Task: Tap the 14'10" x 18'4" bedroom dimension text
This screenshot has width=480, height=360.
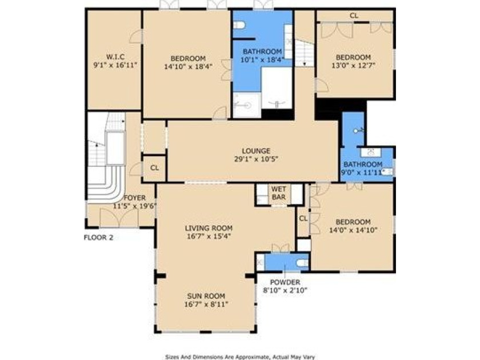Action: (x=188, y=66)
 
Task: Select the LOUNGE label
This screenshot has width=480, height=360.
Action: (x=252, y=151)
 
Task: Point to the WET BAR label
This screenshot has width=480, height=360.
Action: (x=279, y=193)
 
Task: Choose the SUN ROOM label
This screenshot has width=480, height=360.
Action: (x=206, y=296)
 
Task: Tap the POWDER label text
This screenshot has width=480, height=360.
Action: (x=285, y=282)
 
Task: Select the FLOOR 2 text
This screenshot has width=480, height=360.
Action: (x=98, y=237)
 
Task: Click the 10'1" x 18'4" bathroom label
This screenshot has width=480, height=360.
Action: (x=262, y=54)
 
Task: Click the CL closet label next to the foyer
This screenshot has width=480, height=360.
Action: (x=154, y=168)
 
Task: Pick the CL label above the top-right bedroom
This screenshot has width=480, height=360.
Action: (x=354, y=15)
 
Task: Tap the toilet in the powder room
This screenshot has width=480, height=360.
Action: (x=302, y=263)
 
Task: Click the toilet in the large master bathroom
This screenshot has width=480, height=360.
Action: (x=240, y=25)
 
